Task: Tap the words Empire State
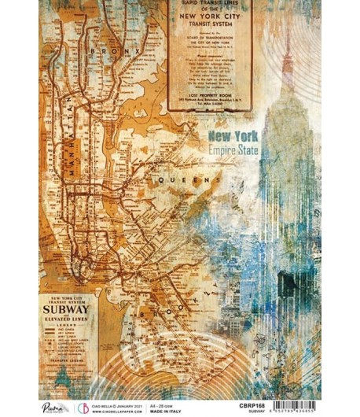(233, 149)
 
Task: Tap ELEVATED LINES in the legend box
(68, 322)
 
